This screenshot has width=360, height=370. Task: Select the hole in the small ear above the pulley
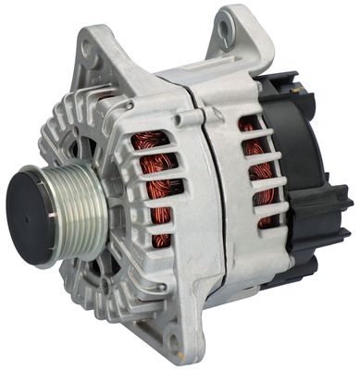[x=91, y=58]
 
